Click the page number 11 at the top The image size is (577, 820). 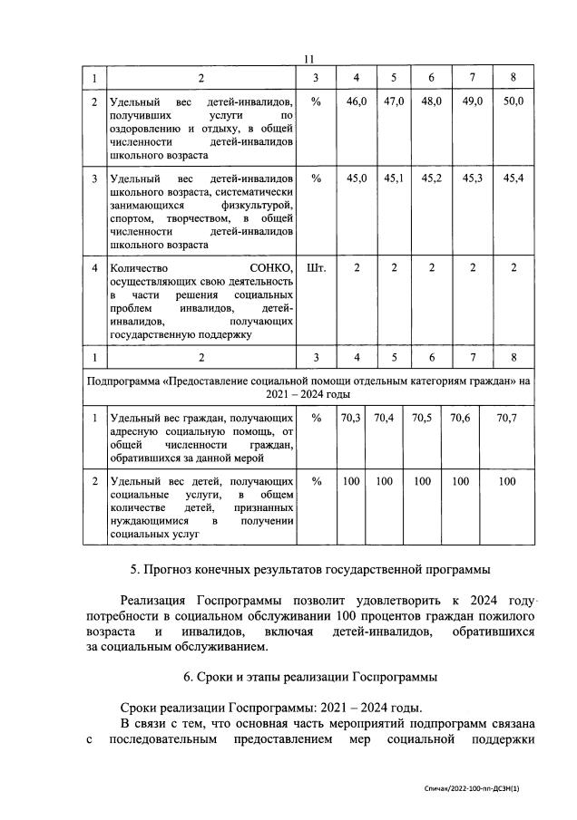[x=308, y=59]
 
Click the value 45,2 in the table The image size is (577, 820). [x=432, y=178]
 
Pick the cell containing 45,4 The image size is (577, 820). [x=513, y=178]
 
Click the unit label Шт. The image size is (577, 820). [x=316, y=269]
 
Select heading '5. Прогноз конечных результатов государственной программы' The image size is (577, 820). [x=308, y=570]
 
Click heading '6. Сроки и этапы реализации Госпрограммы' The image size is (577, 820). [x=308, y=676]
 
